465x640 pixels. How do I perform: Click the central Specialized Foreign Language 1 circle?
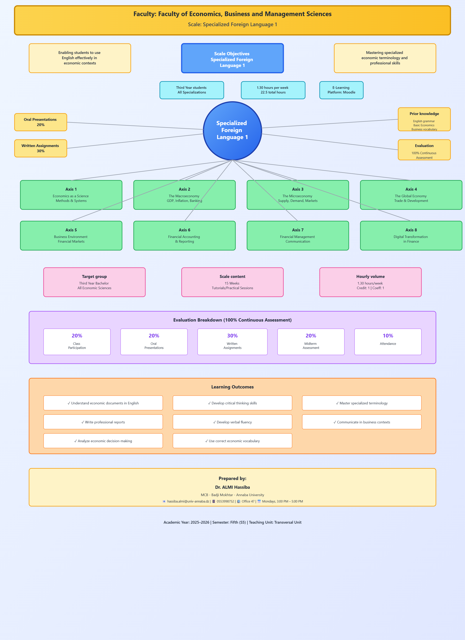[232, 130]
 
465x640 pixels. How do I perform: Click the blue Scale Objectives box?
[232, 58]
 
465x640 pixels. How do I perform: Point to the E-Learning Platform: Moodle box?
[341, 90]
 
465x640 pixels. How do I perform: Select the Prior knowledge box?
[424, 119]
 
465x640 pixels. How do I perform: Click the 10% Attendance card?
[388, 342]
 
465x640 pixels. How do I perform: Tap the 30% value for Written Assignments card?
[232, 336]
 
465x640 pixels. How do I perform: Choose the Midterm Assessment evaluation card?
[311, 342]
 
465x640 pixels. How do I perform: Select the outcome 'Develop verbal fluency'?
[232, 422]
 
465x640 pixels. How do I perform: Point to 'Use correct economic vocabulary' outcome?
[232, 441]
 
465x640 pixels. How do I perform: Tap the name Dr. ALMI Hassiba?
[232, 487]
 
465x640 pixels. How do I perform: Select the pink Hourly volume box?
[370, 282]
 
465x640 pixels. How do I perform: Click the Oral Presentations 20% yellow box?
[41, 122]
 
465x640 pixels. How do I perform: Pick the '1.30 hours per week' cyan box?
[273, 90]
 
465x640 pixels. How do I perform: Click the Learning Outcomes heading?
[232, 387]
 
